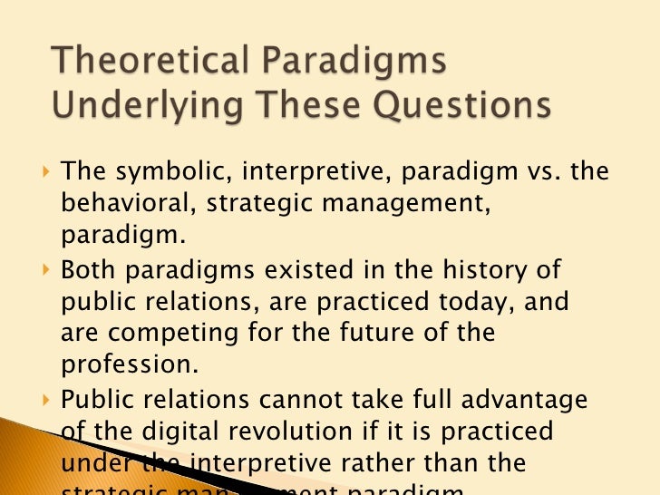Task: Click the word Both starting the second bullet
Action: tap(90, 271)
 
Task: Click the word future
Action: tap(378, 333)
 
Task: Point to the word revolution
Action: tap(310, 432)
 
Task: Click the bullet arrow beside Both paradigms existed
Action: tap(47, 271)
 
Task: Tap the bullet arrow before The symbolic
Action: tap(47, 172)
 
